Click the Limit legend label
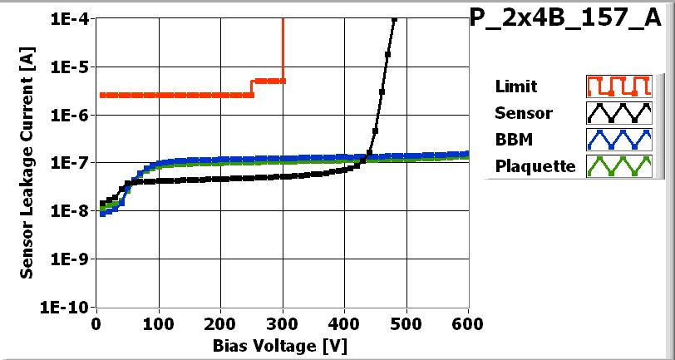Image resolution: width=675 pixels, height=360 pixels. pos(515,86)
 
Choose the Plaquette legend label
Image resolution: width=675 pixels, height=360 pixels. pos(535,165)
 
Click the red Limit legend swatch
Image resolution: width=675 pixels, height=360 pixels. pos(617,86)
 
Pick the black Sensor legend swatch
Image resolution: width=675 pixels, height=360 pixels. pos(617,112)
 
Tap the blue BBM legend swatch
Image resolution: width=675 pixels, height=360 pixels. pos(617,139)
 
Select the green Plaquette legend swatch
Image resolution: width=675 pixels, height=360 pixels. pos(617,165)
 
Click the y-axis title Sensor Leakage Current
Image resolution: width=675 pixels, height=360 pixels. pos(27,163)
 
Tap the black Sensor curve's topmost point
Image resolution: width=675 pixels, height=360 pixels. pos(394,20)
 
